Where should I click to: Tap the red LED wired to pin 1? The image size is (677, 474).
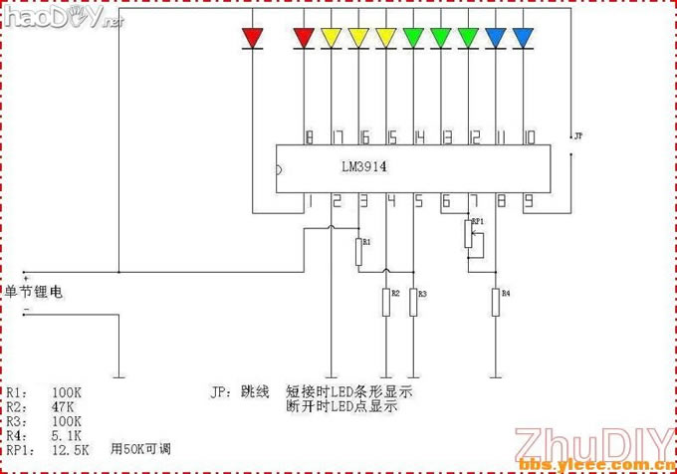(253, 38)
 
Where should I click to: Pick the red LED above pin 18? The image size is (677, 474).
(305, 38)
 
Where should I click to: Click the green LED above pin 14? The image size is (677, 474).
(414, 38)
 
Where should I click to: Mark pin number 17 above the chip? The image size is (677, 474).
(338, 136)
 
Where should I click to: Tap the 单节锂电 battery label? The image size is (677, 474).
(35, 292)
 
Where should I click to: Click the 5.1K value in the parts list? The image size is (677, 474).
(67, 435)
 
